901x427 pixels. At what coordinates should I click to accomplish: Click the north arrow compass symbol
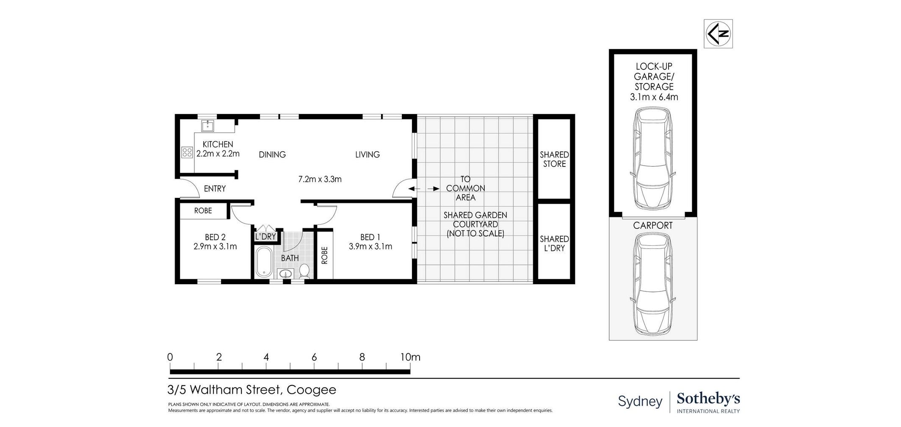coord(718,34)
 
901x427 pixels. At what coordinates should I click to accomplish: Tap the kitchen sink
coord(207,125)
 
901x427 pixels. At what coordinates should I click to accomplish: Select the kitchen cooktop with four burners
coord(187,152)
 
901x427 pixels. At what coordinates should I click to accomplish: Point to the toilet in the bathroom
coord(304,271)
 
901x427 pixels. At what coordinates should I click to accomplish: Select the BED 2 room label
coord(215,237)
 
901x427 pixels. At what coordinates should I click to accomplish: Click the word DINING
coord(272,155)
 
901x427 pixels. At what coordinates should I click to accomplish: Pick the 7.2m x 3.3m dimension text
coord(320,179)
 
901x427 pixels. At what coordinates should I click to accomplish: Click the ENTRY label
coord(215,189)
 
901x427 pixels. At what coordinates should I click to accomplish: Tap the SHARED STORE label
coord(554,159)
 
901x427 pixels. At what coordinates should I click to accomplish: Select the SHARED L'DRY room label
coord(554,244)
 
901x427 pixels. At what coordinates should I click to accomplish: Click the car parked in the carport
coord(652,284)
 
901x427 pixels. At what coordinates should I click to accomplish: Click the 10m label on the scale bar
coord(410,357)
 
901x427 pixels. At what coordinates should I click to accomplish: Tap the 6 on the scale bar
coord(314,357)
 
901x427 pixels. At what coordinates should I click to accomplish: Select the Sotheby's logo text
coord(708,399)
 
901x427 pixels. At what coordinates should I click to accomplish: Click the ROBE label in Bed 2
coord(203,211)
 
